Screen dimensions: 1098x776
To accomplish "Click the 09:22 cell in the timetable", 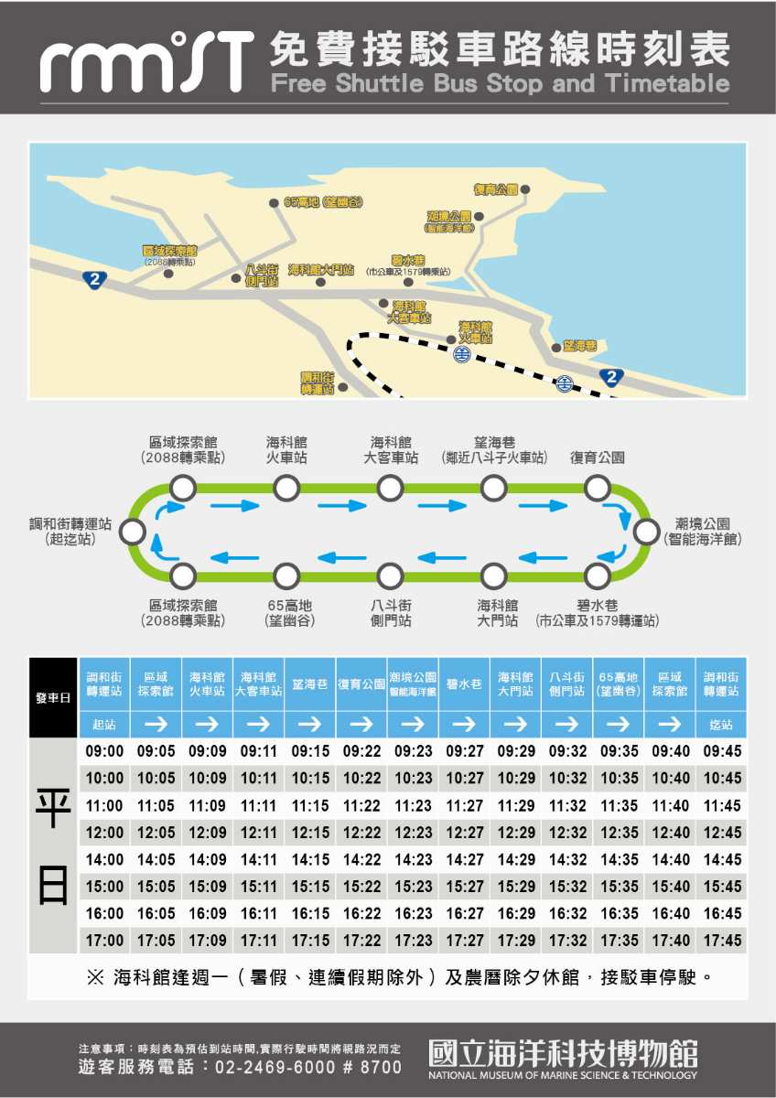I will point(361,751).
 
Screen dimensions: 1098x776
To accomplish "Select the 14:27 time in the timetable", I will point(465,860).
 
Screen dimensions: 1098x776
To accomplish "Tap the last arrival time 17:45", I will point(722,941).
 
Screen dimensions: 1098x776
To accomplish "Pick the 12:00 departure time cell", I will point(104,833).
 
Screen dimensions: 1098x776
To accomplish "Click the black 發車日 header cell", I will point(53,698).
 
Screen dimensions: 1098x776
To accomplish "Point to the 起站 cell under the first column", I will point(104,725).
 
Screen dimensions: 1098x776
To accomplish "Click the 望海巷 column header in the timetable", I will point(309,684).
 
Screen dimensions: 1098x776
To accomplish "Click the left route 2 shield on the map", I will point(94,279).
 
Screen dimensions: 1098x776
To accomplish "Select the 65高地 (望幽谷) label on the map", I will point(323,202).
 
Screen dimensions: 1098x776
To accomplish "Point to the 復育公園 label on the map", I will point(495,189).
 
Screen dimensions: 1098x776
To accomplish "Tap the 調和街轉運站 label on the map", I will point(317,382).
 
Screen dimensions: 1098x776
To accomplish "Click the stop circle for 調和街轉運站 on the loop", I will point(133,533).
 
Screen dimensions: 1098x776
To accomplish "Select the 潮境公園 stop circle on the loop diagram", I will point(646,532).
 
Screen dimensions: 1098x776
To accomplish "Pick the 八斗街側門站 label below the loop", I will point(391,613).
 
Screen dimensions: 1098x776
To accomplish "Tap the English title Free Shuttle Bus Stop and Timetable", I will point(501,84).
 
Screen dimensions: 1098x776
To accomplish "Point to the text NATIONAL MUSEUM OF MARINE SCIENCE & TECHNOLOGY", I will point(562,1074).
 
